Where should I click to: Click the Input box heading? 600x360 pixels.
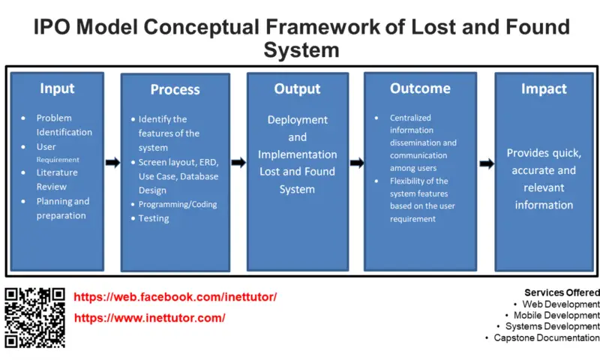pyautogui.click(x=57, y=88)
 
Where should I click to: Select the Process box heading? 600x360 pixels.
pyautogui.click(x=175, y=89)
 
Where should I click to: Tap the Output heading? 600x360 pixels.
pyautogui.click(x=297, y=88)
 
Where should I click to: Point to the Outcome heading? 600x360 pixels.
pyautogui.click(x=420, y=88)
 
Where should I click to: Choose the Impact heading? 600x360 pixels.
pyautogui.click(x=544, y=88)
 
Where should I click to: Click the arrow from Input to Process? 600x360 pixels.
pyautogui.click(x=112, y=162)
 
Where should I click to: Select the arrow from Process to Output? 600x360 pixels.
pyautogui.click(x=238, y=162)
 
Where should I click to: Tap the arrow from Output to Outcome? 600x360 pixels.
pyautogui.click(x=356, y=163)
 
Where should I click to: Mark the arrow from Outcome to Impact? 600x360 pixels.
pyautogui.click(x=486, y=162)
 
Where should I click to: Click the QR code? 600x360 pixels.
pyautogui.click(x=35, y=317)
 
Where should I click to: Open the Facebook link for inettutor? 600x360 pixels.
pyautogui.click(x=175, y=297)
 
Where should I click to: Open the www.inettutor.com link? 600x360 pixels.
pyautogui.click(x=150, y=318)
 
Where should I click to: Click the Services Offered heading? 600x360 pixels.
pyautogui.click(x=561, y=292)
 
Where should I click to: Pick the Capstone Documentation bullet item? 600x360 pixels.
pyautogui.click(x=547, y=338)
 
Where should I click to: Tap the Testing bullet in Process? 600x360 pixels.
pyautogui.click(x=153, y=218)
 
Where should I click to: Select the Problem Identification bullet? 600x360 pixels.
pyautogui.click(x=64, y=125)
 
